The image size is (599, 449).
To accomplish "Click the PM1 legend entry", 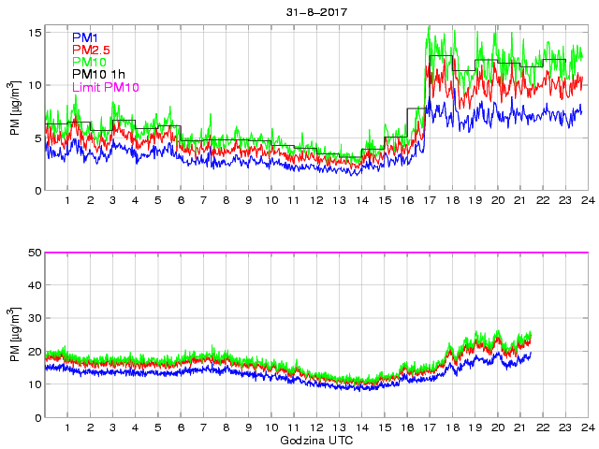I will (86, 37).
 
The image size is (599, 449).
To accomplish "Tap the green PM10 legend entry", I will (92, 62).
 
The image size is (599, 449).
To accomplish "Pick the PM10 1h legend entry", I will (102, 75).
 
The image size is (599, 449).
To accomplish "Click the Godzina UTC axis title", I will (316, 440).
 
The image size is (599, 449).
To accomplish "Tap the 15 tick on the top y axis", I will (34, 33).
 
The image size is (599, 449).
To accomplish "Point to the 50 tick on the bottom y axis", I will (34, 253).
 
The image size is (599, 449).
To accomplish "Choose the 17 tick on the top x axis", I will (430, 201).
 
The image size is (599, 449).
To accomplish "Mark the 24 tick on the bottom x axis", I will (587, 428).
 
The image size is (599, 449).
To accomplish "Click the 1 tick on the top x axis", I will (67, 201).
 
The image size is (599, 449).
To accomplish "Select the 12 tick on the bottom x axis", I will (316, 428).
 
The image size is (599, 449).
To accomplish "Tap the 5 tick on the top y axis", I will (37, 138).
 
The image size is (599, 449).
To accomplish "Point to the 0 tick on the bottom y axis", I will (37, 417).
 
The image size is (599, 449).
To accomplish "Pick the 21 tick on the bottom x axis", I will (519, 428).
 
